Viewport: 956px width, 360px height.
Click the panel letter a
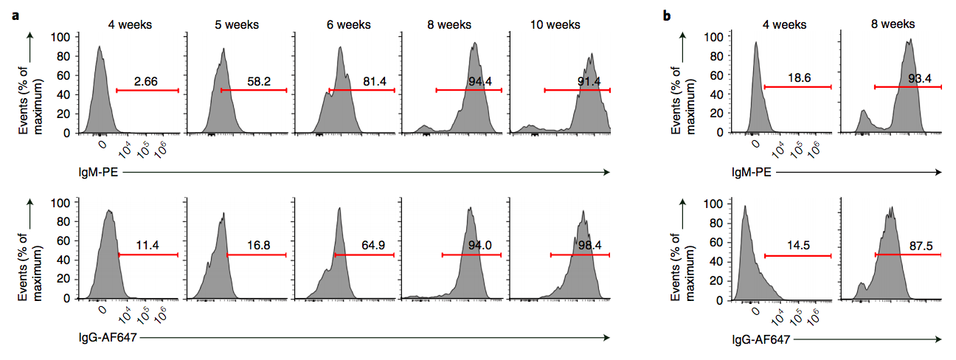pyautogui.click(x=15, y=15)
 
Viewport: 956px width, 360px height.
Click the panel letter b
pyautogui.click(x=668, y=15)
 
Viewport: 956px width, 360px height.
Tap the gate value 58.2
pyautogui.click(x=254, y=81)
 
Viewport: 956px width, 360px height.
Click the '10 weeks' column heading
pyautogui.click(x=555, y=24)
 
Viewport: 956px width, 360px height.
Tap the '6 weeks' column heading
pyautogui.click(x=348, y=24)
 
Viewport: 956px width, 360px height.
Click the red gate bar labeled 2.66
pyautogui.click(x=148, y=90)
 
